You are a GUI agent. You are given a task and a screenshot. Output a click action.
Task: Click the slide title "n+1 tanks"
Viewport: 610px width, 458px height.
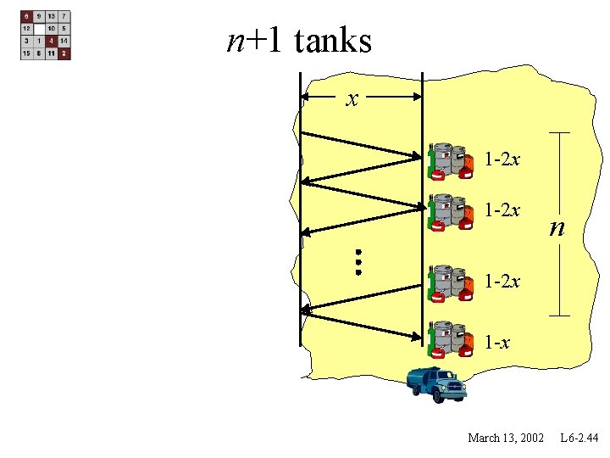click(299, 40)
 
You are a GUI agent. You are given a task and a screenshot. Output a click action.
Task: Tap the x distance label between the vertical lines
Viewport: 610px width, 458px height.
click(352, 99)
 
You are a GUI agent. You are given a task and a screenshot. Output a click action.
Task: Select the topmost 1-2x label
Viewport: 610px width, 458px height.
click(502, 159)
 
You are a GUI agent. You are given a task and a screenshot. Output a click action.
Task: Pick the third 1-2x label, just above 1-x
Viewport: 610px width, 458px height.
click(502, 281)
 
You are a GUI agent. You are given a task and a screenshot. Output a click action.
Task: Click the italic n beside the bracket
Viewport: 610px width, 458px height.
click(556, 227)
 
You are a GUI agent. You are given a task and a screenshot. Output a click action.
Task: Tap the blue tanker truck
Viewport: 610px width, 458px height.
click(436, 384)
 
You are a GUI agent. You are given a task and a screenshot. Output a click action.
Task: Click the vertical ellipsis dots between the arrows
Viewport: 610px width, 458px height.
click(358, 261)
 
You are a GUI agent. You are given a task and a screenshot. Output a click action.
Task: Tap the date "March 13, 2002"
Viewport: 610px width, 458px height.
click(506, 438)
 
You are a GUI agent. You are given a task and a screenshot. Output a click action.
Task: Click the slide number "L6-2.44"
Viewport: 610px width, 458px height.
click(579, 438)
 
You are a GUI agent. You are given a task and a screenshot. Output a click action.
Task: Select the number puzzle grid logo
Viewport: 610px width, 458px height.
click(46, 35)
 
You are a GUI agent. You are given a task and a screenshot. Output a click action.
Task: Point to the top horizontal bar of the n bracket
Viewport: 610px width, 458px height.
click(559, 132)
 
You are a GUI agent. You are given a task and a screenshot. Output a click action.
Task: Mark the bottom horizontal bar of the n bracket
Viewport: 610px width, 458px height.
click(559, 316)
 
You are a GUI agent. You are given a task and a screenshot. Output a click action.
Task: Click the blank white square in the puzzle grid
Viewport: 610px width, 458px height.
click(40, 28)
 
